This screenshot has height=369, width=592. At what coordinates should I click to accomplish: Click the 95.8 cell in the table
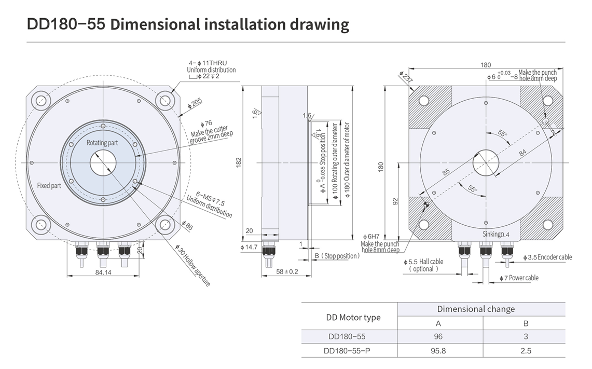[438, 351]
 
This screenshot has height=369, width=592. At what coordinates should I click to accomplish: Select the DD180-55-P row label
[347, 351]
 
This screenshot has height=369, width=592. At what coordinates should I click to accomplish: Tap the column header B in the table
[526, 323]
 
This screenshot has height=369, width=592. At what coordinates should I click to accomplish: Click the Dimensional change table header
[476, 309]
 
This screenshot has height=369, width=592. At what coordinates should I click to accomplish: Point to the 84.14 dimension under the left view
[103, 272]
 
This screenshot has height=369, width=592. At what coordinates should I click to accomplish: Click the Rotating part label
[102, 143]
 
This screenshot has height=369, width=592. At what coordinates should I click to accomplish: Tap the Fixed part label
[49, 185]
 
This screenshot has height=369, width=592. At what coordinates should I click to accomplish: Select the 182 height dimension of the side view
[239, 163]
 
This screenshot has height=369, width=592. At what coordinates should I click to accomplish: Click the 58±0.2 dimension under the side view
[287, 271]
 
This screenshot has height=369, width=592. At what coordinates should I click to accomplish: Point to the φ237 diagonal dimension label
[406, 77]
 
